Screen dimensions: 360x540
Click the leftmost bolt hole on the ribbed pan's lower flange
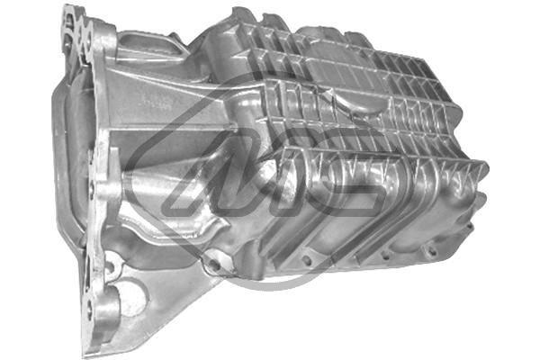pos(307,260)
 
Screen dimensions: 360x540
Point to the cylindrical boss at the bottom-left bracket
pos(106,314)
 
